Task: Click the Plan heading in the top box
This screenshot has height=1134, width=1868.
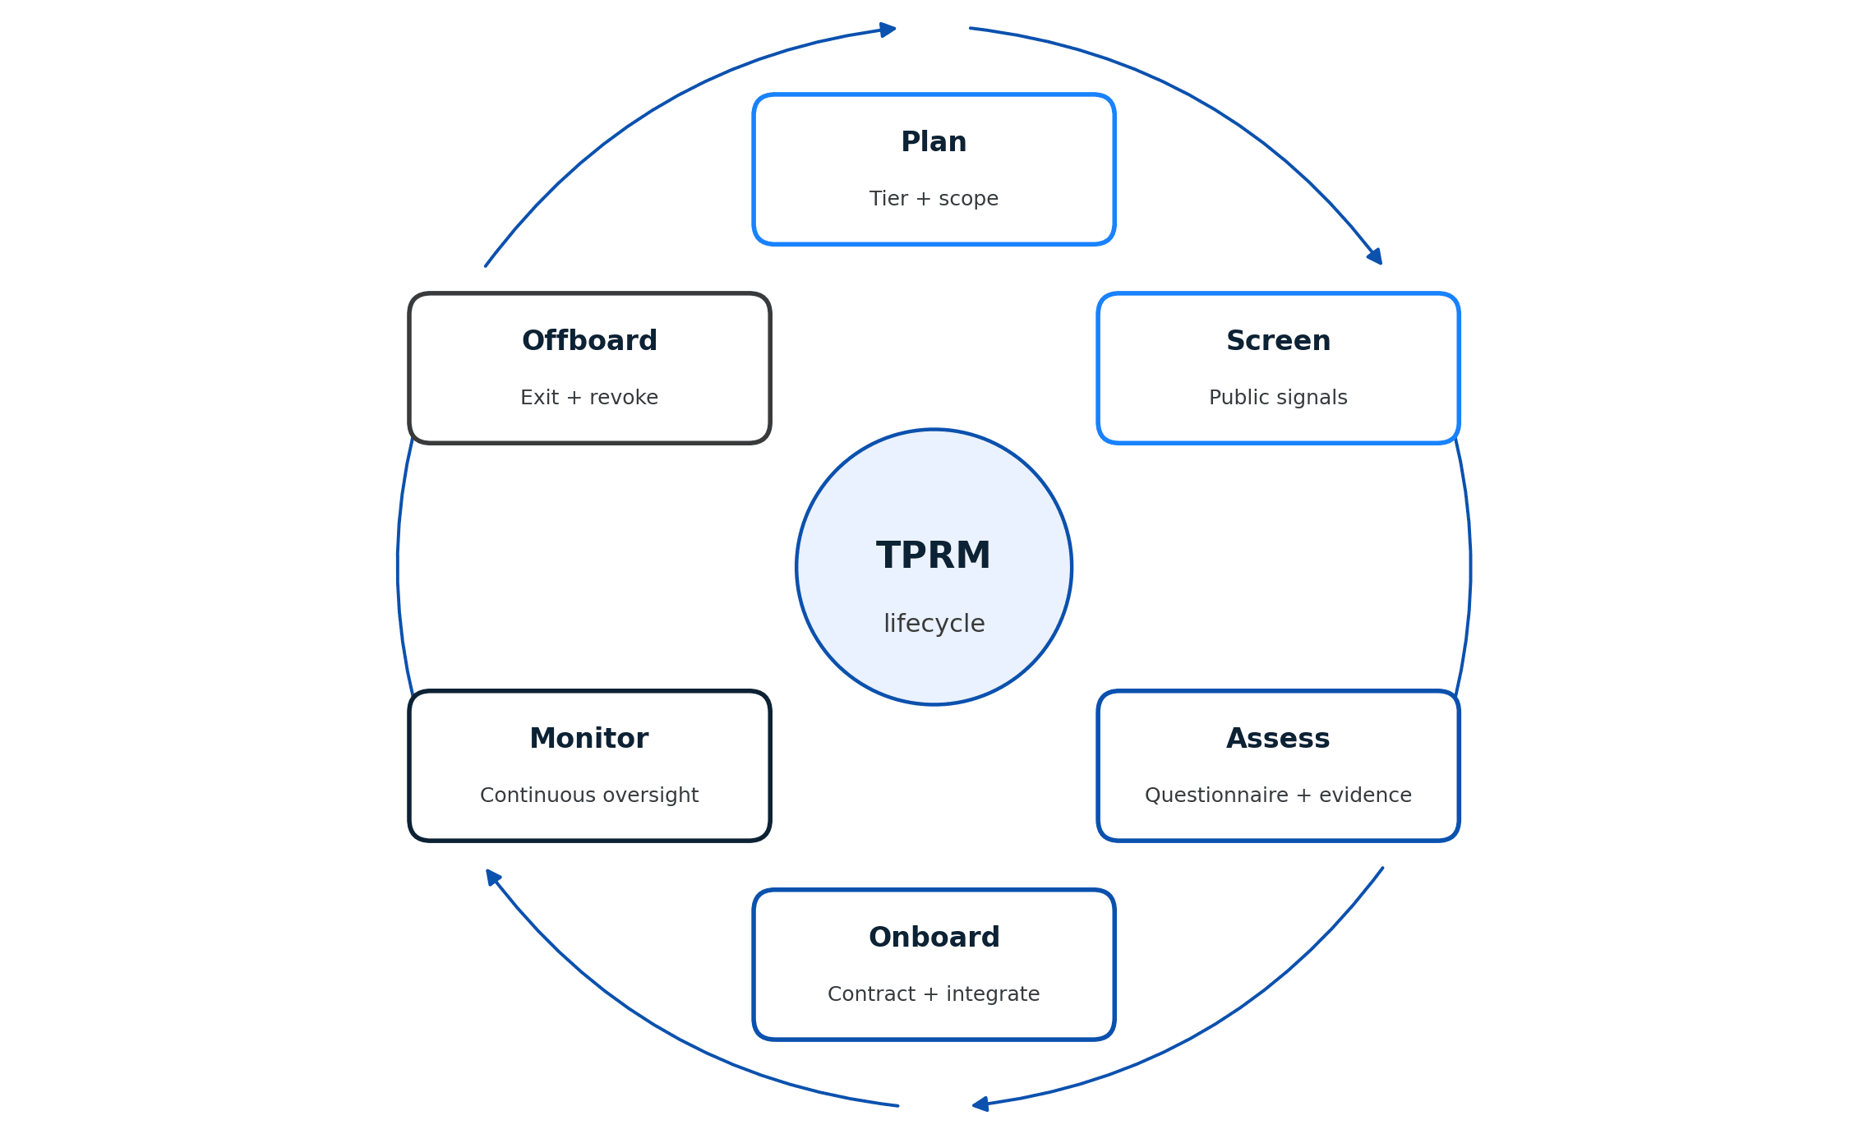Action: [934, 142]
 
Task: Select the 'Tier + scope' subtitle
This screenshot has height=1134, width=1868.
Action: [934, 199]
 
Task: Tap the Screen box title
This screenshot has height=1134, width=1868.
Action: [1278, 341]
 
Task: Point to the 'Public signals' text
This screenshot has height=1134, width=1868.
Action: [1278, 398]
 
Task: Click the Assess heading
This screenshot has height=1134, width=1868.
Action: [1278, 739]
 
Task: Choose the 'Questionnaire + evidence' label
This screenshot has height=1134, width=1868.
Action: [1278, 795]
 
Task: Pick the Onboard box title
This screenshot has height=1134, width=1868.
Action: [934, 938]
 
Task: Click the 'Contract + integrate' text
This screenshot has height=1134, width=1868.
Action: [934, 994]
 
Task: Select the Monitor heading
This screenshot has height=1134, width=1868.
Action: [589, 739]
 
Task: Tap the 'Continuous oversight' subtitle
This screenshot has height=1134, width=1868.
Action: [589, 795]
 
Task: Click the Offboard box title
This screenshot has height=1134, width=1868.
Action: [589, 341]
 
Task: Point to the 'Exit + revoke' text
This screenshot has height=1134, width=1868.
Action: [589, 398]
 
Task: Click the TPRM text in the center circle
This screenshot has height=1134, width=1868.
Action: [934, 556]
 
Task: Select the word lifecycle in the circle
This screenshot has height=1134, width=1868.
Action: [934, 624]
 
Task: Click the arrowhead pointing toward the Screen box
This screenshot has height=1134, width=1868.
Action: [1375, 256]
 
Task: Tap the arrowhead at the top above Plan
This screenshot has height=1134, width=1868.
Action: [887, 30]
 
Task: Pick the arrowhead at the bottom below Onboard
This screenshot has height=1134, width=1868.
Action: [980, 1104]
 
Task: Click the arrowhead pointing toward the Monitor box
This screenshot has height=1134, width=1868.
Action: [492, 877]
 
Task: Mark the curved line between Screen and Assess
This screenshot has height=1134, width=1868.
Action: [1470, 567]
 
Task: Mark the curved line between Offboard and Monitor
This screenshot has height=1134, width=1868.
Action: [398, 567]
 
